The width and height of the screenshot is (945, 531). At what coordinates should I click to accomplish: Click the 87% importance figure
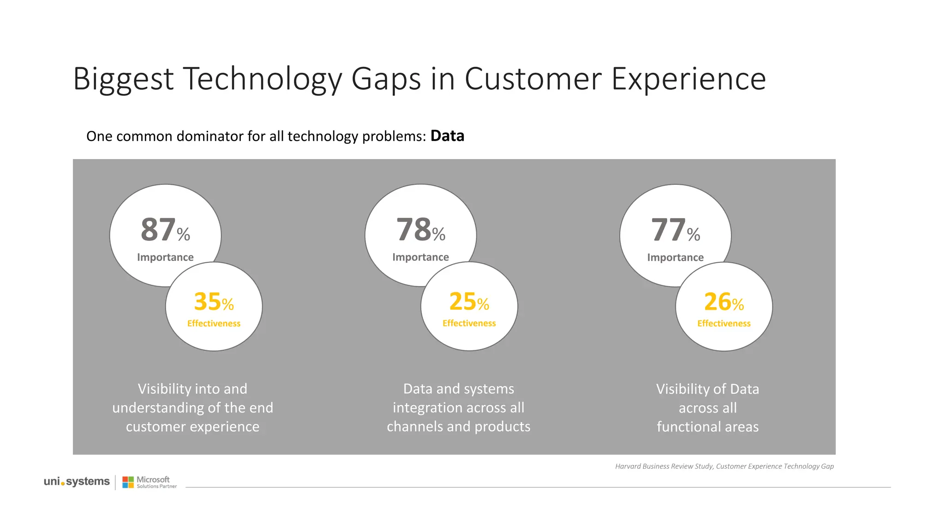click(164, 230)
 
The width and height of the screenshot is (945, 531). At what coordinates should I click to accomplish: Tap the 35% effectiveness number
click(213, 302)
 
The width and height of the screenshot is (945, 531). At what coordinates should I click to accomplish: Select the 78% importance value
click(420, 230)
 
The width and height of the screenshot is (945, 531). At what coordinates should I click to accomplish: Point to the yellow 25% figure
click(468, 302)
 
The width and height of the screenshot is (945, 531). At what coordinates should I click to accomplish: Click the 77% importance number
click(675, 230)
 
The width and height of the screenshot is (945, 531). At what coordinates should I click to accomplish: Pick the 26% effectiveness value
click(723, 302)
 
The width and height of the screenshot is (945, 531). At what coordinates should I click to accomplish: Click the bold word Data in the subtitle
click(447, 136)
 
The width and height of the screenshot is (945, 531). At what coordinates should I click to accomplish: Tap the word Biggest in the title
click(123, 79)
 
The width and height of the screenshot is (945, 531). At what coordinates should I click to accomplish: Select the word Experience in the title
click(688, 79)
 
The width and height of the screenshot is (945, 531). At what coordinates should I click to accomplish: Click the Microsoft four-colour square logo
click(128, 482)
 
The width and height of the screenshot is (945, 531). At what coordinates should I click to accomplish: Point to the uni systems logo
click(77, 482)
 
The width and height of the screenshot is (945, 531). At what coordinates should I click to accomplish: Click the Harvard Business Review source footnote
click(724, 466)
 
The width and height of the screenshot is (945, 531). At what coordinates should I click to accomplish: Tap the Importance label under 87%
click(165, 257)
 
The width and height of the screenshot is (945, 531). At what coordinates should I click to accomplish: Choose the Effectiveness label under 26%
click(724, 324)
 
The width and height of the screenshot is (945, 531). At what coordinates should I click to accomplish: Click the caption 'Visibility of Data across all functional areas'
click(707, 407)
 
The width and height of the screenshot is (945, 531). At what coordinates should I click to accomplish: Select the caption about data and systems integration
click(458, 407)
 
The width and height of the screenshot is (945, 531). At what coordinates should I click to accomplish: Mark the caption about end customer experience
click(192, 407)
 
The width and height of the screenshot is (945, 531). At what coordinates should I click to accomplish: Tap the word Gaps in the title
click(386, 79)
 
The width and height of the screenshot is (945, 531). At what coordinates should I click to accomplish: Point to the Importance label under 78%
click(420, 257)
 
